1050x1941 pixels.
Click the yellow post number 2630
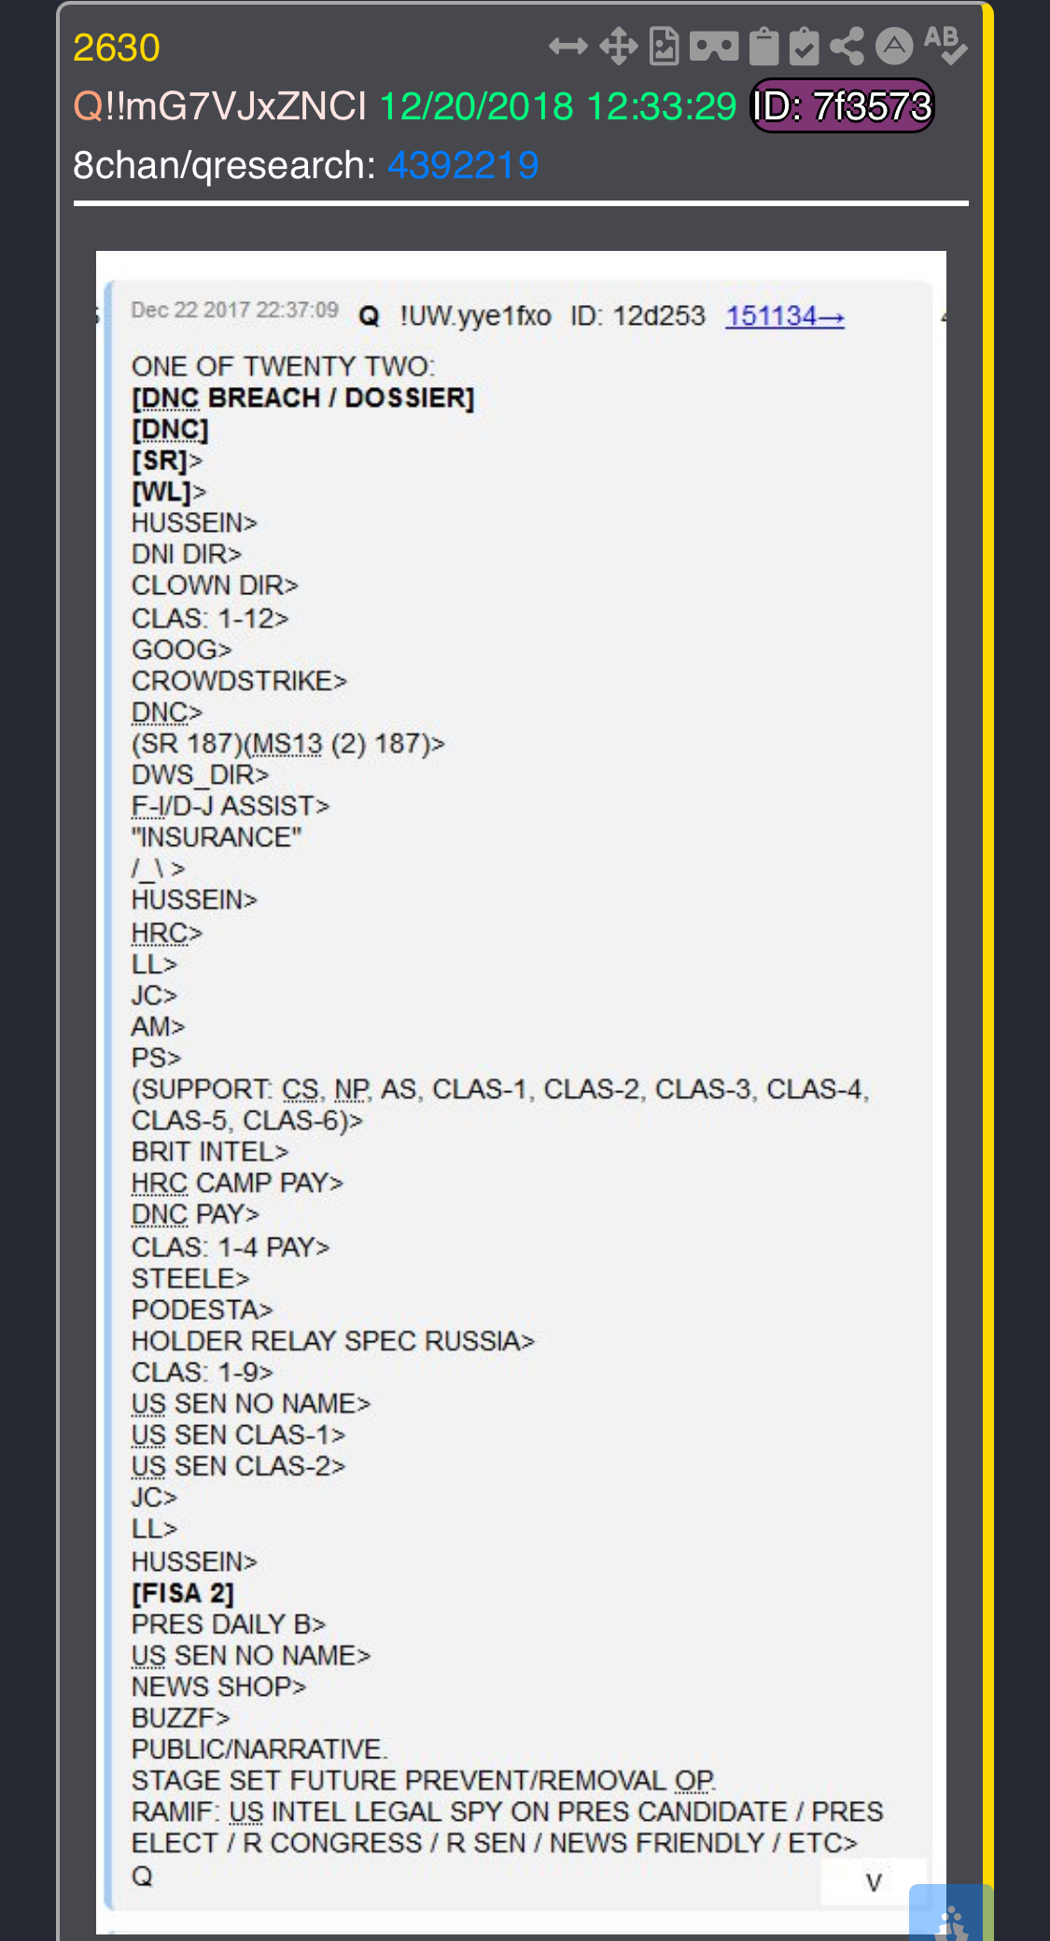pos(117,48)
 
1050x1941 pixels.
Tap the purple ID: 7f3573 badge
pos(842,106)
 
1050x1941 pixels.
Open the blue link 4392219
pos(463,165)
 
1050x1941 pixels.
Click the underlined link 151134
pos(785,316)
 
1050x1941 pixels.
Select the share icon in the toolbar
pos(847,46)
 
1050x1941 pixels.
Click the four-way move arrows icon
pos(618,46)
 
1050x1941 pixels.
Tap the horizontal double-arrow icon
pos(568,46)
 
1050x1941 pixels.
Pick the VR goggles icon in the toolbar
pos(714,46)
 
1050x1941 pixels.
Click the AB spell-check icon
pos(945,45)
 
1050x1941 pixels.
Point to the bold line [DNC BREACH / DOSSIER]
pos(303,398)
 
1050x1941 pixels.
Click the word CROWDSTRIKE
pos(232,681)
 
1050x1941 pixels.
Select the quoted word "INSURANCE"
pos(217,837)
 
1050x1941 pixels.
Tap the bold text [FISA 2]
pos(183,1593)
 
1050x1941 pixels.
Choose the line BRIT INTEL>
pos(210,1152)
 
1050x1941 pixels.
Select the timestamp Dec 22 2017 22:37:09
pos(234,311)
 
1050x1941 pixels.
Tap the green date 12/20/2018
pos(476,106)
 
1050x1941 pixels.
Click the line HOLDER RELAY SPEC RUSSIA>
pos(333,1341)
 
